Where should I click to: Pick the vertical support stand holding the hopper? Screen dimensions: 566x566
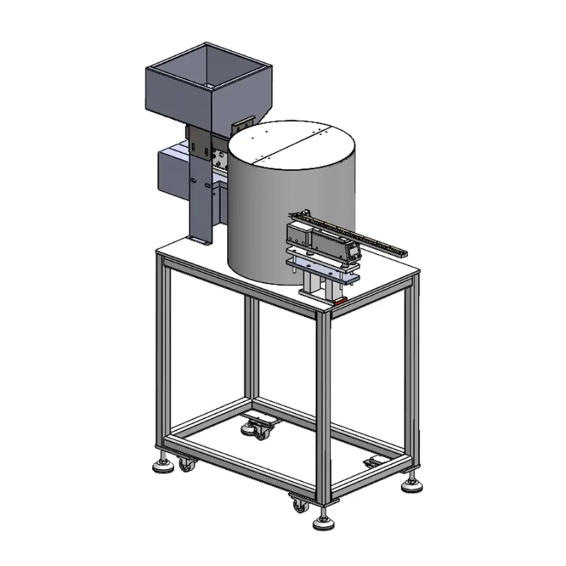pos(201,205)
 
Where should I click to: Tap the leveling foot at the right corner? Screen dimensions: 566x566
pos(412,485)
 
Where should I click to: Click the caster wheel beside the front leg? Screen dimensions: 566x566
pos(300,504)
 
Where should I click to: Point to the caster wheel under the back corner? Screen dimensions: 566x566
pos(258,430)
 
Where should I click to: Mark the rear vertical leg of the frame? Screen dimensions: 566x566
pos(252,354)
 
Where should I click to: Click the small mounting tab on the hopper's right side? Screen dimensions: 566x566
pos(247,122)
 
